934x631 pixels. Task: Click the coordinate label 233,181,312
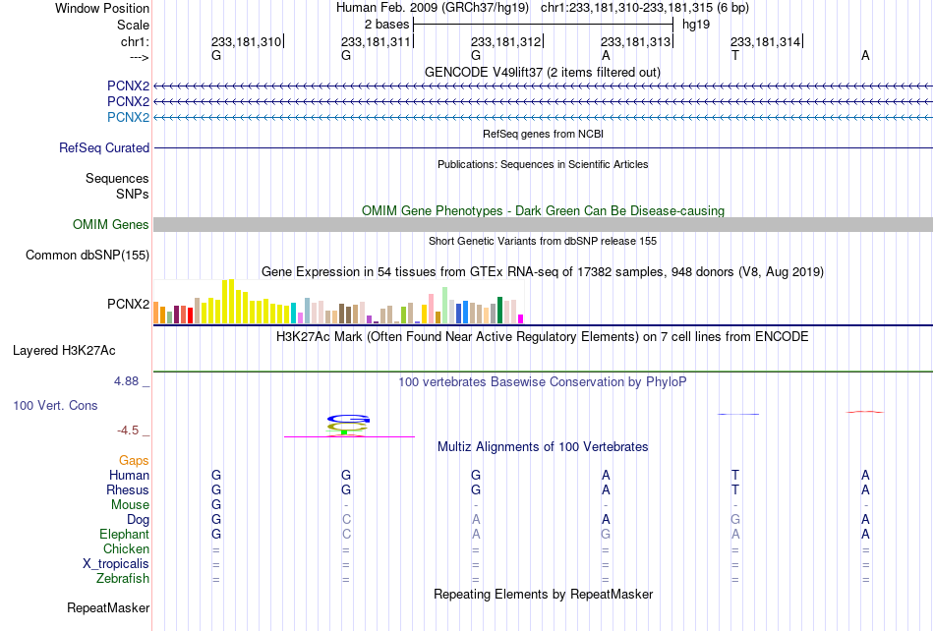[x=505, y=41]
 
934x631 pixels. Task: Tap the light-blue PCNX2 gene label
[x=128, y=117]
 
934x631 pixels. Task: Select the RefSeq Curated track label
[x=104, y=147]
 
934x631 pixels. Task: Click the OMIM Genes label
[x=111, y=224]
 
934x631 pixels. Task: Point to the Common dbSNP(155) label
[x=88, y=255]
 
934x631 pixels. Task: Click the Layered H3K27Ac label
[x=64, y=351]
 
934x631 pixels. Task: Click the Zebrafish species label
[x=123, y=578]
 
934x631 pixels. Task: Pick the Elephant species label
[x=125, y=534]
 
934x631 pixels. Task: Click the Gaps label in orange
[x=134, y=460]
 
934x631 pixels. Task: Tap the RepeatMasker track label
[x=108, y=607]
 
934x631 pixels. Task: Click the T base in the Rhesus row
[x=735, y=489]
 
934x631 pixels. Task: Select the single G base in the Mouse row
[x=216, y=505]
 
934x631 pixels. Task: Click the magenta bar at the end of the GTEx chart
[x=521, y=319]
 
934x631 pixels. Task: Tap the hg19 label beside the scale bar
[x=696, y=25]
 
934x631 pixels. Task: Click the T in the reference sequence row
[x=735, y=55]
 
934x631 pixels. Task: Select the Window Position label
[x=102, y=8]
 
